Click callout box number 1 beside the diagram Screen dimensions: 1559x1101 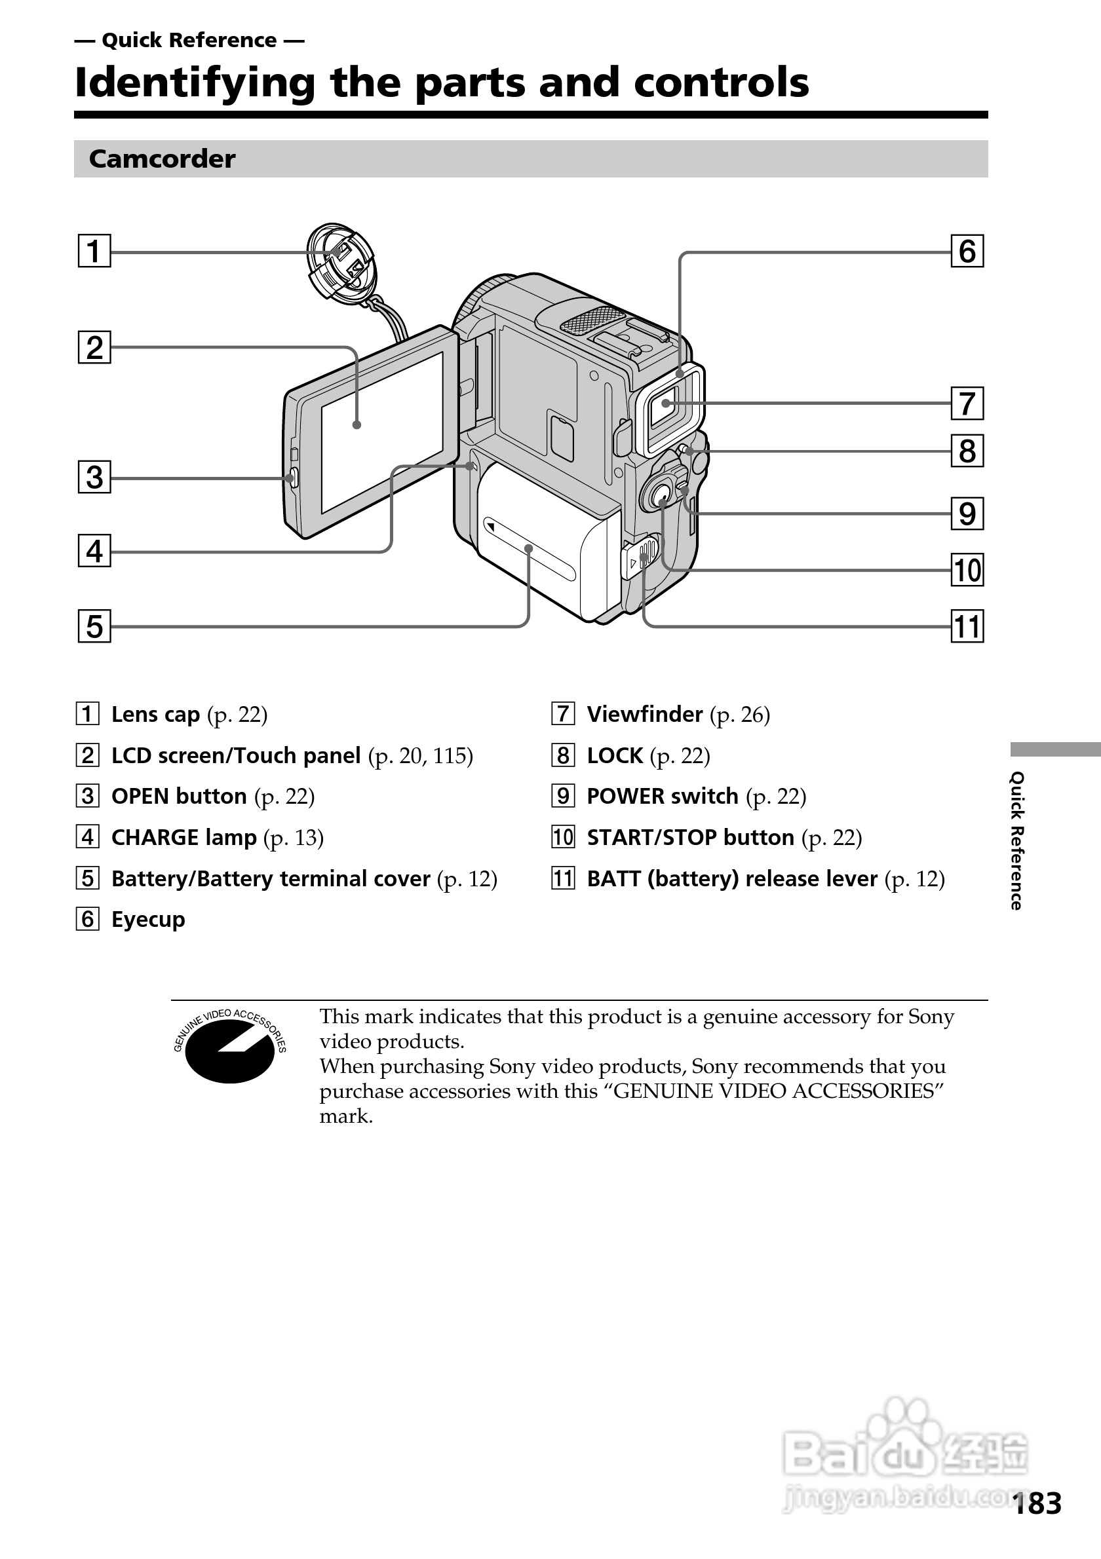pyautogui.click(x=94, y=252)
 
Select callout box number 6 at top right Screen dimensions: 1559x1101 pyautogui.click(x=967, y=252)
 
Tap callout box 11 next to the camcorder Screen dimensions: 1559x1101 pyautogui.click(x=967, y=626)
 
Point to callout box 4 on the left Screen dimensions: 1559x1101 pyautogui.click(x=94, y=551)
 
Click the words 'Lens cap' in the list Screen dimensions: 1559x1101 pyautogui.click(x=155, y=714)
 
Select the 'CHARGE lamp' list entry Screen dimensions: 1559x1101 pyautogui.click(x=183, y=837)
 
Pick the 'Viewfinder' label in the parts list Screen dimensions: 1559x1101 pyautogui.click(x=645, y=714)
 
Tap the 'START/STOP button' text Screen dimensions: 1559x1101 pyautogui.click(x=690, y=837)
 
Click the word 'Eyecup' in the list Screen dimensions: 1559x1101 pyautogui.click(x=148, y=920)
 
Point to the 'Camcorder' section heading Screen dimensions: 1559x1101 pyautogui.click(x=163, y=159)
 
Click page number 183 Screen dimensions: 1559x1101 pyautogui.click(x=1037, y=1503)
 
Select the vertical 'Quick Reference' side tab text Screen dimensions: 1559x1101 pyautogui.click(x=1016, y=840)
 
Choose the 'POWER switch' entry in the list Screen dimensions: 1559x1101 pyautogui.click(x=662, y=796)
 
